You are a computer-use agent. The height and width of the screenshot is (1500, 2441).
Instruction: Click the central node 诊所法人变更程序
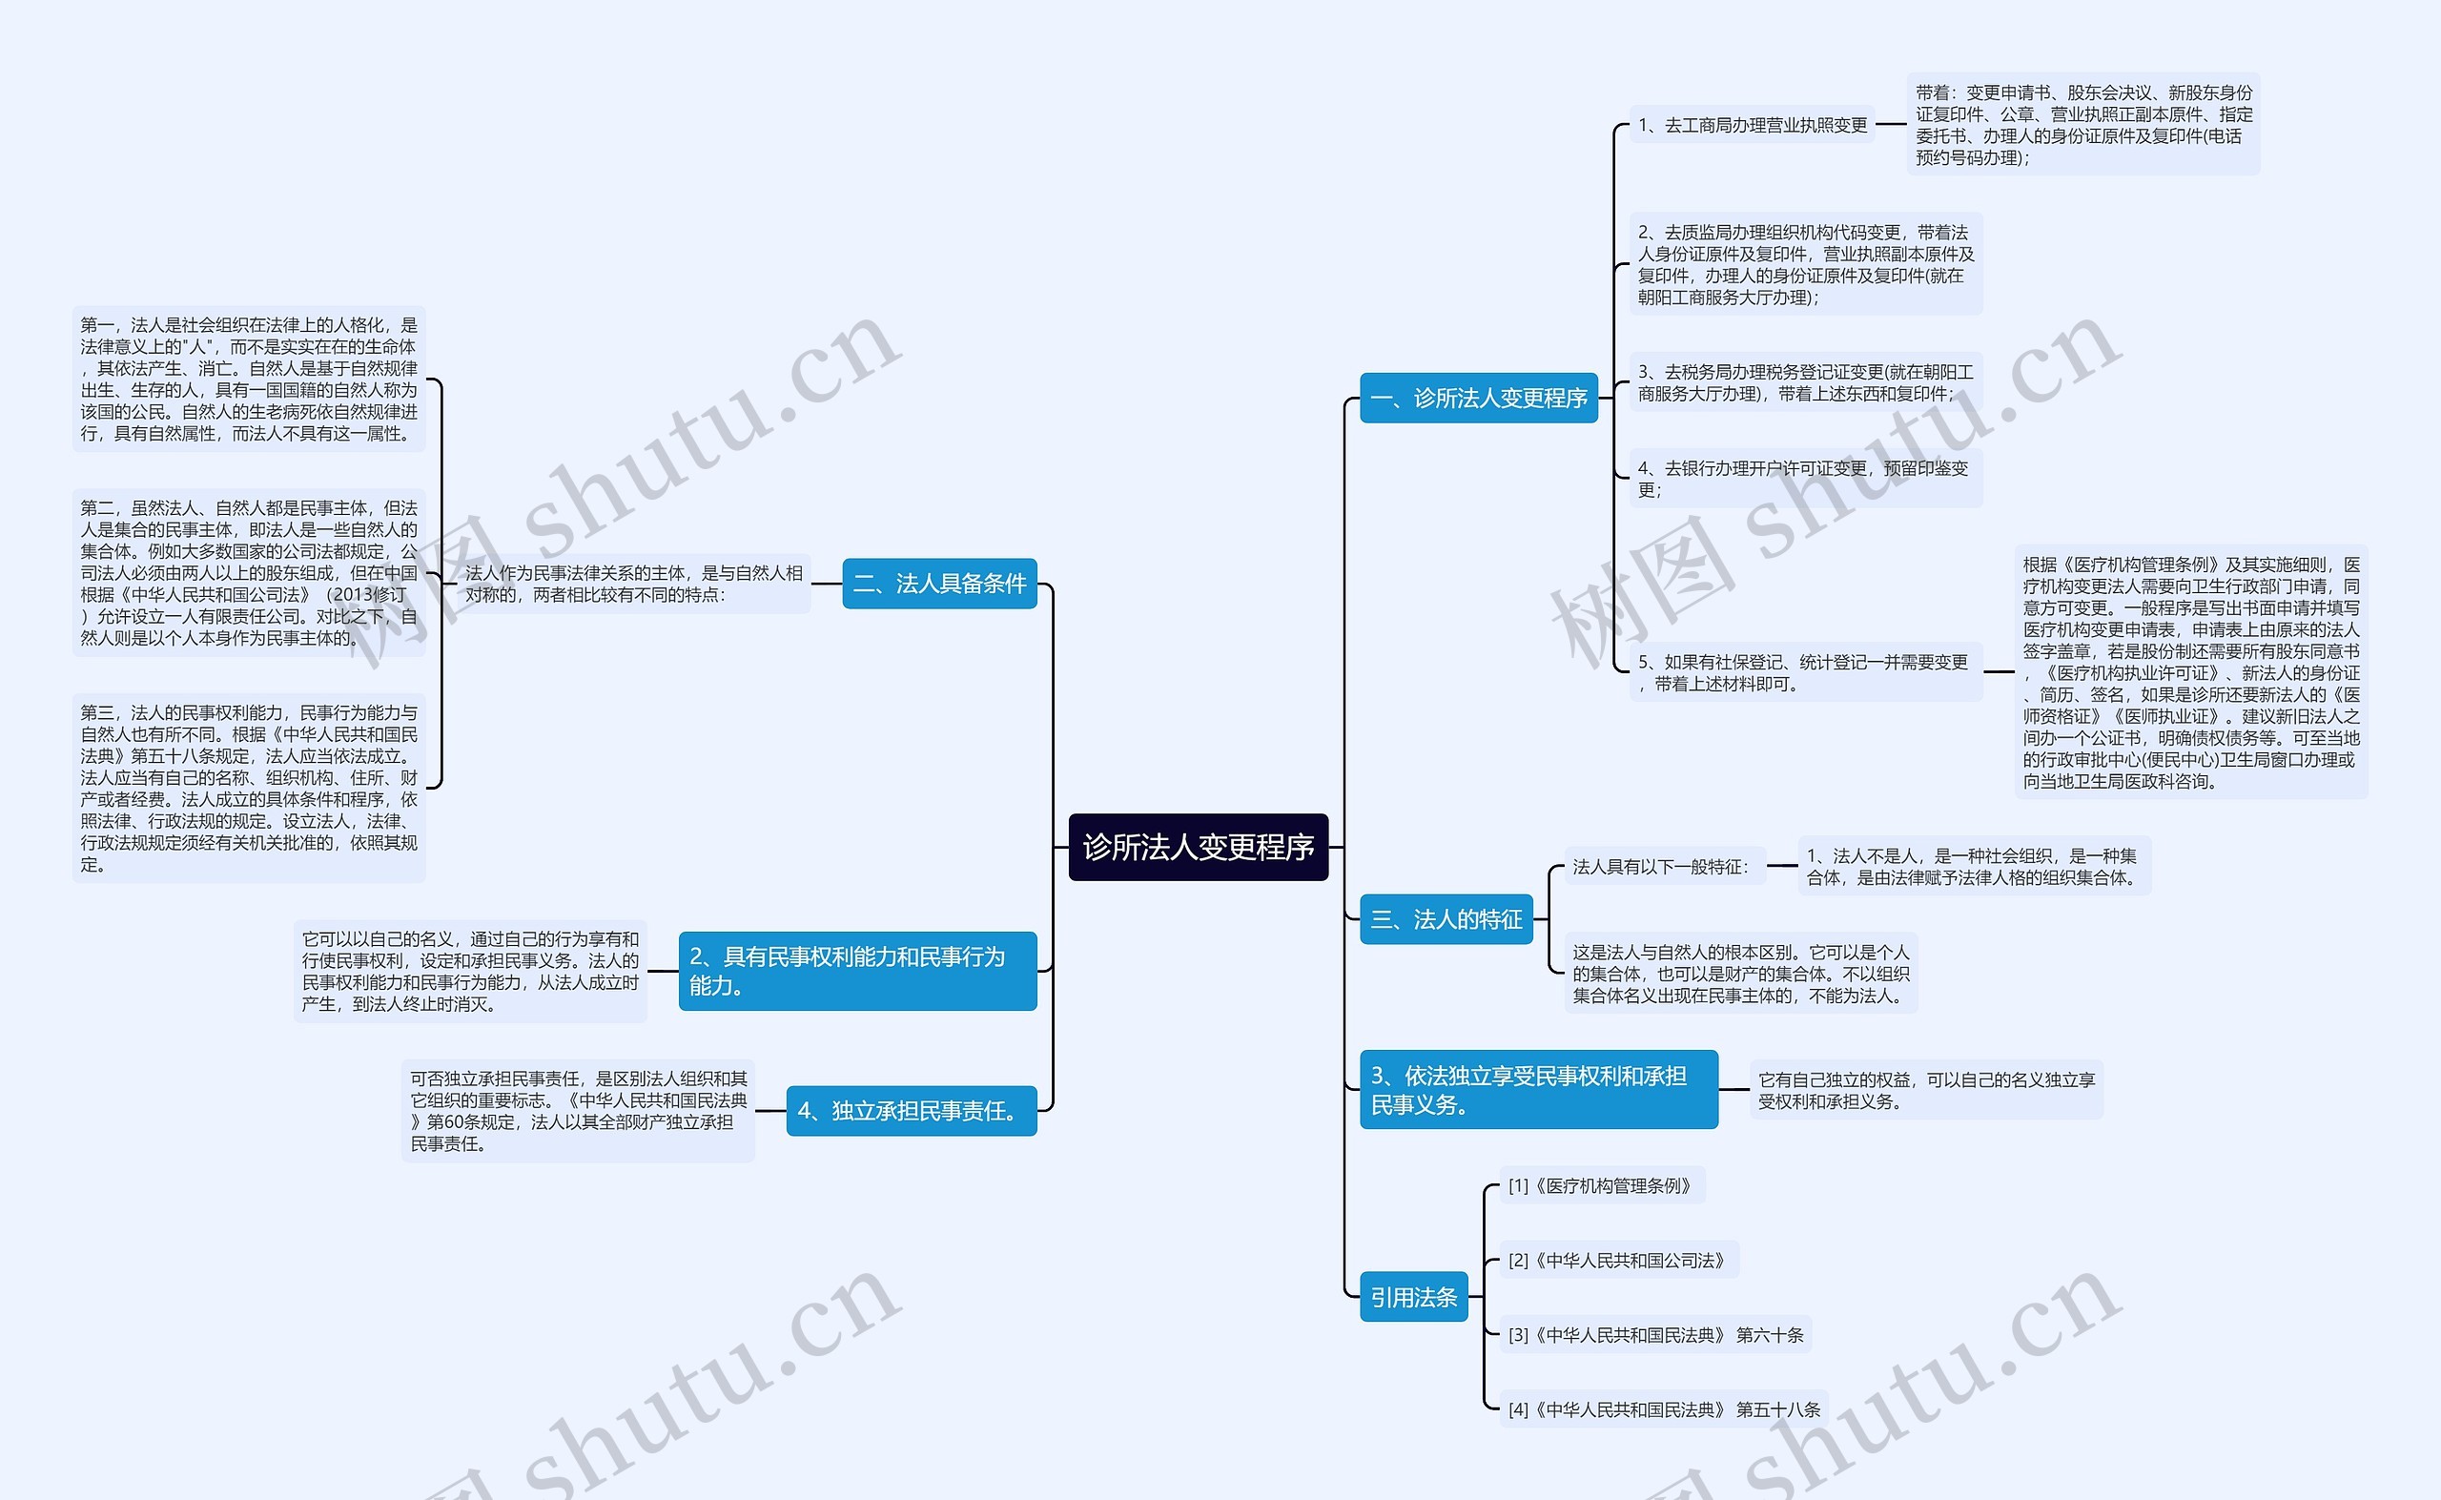1198,846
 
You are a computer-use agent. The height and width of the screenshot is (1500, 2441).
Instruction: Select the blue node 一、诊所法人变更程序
1478,398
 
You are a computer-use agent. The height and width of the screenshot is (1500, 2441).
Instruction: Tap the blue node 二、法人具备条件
938,584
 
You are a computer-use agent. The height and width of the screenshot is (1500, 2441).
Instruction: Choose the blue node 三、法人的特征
1446,919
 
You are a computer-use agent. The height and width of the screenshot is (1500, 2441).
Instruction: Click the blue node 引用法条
1412,1297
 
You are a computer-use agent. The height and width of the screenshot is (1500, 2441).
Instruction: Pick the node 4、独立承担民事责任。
911,1110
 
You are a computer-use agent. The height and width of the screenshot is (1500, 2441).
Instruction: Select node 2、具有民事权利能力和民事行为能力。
857,970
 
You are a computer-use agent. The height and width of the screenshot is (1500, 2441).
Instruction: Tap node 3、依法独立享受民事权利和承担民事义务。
1537,1089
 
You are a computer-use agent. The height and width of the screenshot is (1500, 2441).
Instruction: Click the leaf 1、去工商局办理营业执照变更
1752,125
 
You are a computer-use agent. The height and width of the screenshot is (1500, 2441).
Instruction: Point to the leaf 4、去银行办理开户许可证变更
1804,478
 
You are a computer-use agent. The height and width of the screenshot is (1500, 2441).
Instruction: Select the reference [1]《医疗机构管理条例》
1601,1185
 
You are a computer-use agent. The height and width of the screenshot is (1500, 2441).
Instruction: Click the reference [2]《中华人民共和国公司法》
1618,1260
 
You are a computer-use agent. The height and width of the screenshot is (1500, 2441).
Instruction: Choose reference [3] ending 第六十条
1655,1334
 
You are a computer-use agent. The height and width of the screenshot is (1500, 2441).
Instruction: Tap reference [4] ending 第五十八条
1663,1408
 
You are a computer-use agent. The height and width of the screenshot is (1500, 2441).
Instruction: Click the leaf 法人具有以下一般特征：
1661,866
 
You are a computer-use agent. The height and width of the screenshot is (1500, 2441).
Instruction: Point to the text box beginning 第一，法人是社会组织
248,379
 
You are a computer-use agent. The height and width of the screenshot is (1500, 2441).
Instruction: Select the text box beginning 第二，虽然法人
248,572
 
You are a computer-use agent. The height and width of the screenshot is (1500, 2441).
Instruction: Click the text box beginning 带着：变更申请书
2082,124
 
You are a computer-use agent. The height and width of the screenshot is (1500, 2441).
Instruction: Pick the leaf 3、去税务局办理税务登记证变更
1804,382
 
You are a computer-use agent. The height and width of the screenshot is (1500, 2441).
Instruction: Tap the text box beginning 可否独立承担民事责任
577,1110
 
